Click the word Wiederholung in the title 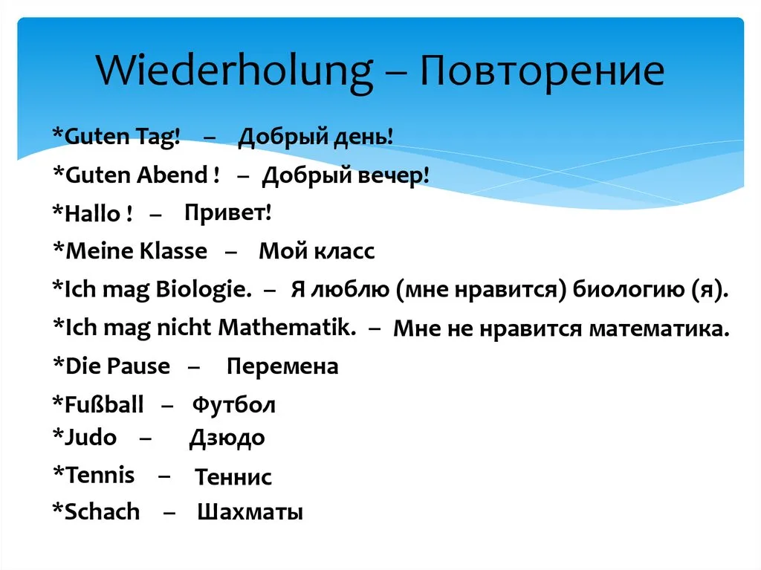pyautogui.click(x=234, y=72)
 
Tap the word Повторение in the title pyautogui.click(x=542, y=72)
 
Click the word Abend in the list pyautogui.click(x=172, y=175)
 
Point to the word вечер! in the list pyautogui.click(x=394, y=176)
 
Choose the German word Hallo pyautogui.click(x=92, y=213)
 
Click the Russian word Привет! pyautogui.click(x=227, y=213)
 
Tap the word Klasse pyautogui.click(x=173, y=250)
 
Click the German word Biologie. pyautogui.click(x=204, y=289)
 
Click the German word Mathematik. pyautogui.click(x=287, y=327)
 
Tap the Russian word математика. pyautogui.click(x=659, y=329)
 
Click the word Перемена pyautogui.click(x=282, y=366)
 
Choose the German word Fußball pyautogui.click(x=104, y=404)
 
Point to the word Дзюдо pyautogui.click(x=227, y=438)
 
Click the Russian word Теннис pyautogui.click(x=233, y=477)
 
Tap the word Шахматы pyautogui.click(x=250, y=512)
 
